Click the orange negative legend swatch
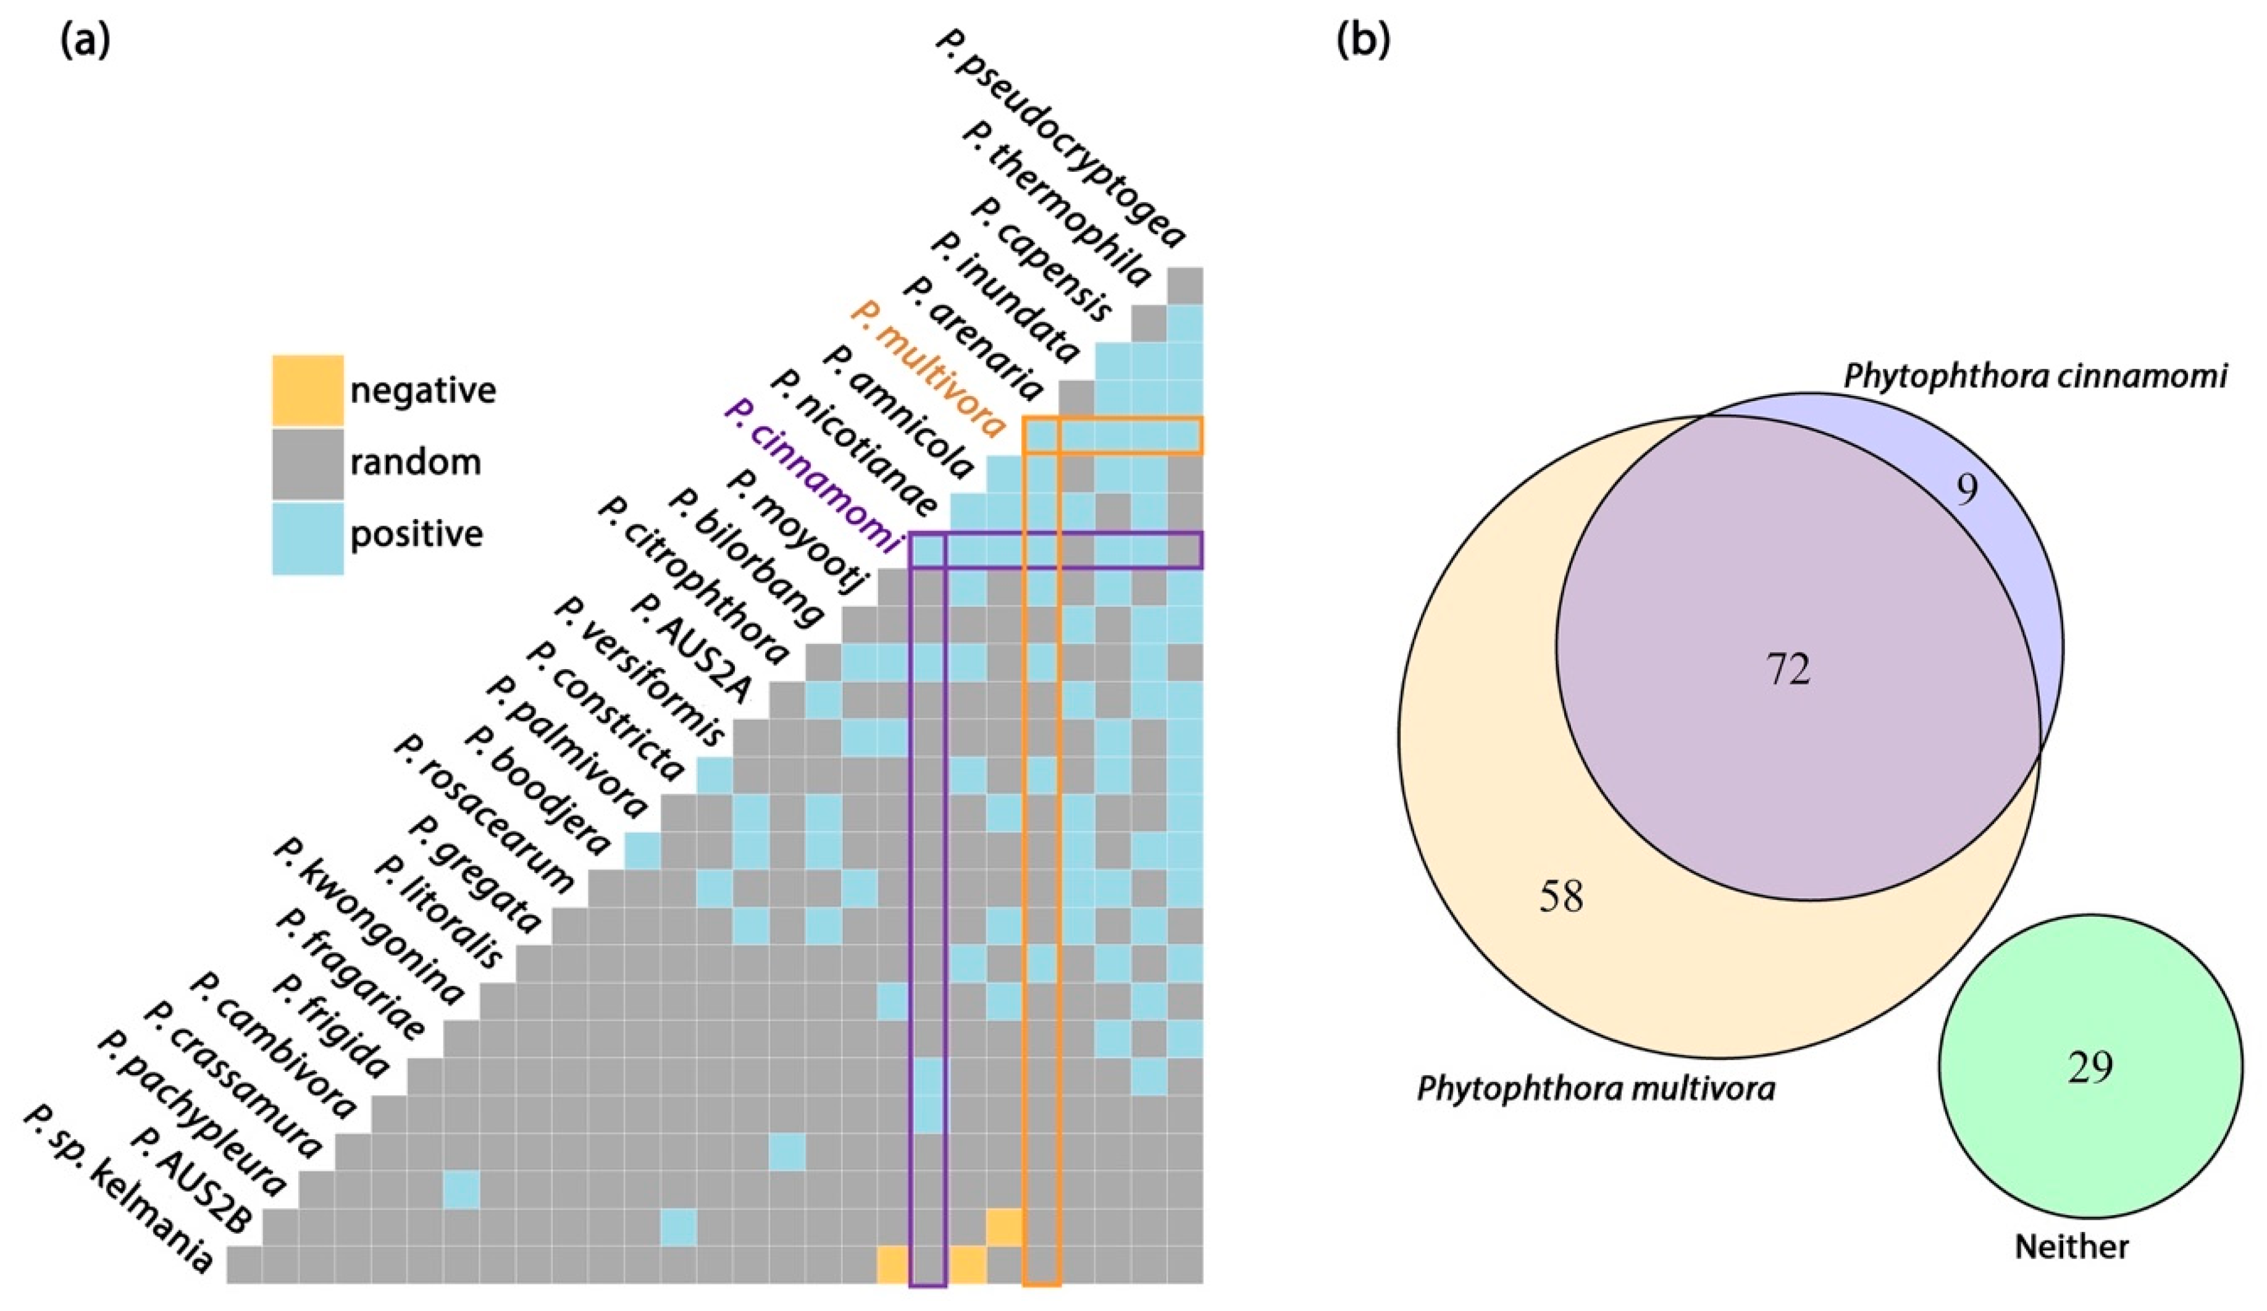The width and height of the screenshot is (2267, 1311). pos(308,390)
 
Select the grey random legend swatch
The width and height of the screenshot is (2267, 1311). pos(308,463)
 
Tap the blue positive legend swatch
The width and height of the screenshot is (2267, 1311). pos(308,537)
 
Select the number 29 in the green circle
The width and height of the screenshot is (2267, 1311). pos(2089,1068)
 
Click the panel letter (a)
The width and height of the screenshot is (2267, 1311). pos(85,41)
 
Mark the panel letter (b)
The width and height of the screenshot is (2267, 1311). pos(1363,41)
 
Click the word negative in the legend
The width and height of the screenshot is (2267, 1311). pos(423,390)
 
